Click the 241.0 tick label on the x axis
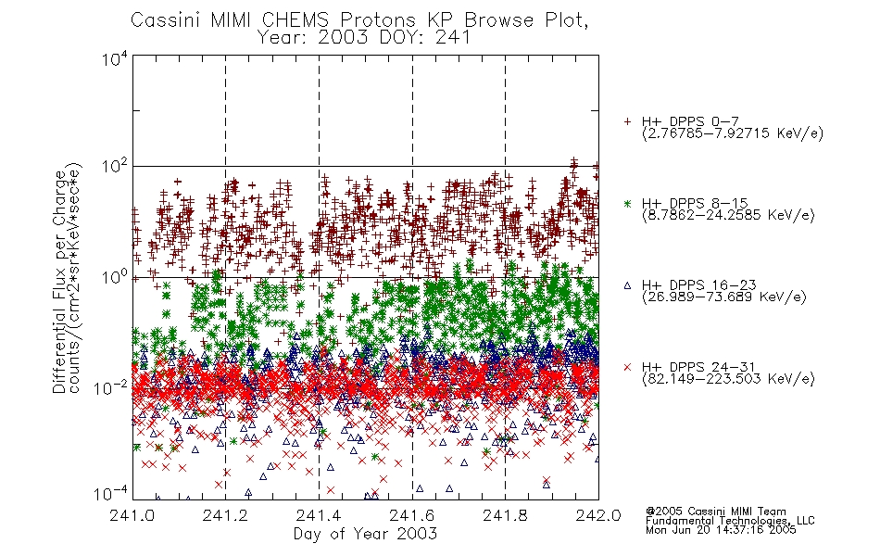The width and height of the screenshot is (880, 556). click(132, 515)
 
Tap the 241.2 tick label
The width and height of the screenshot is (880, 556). click(226, 515)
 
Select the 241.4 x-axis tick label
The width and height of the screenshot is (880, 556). click(319, 515)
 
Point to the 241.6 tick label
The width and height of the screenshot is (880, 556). click(412, 515)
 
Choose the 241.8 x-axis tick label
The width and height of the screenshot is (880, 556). click(505, 515)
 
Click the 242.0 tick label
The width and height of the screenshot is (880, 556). click(598, 515)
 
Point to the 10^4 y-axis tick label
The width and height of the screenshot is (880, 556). click(115, 58)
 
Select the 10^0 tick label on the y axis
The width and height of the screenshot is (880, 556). click(115, 278)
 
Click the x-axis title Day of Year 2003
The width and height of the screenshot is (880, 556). click(365, 534)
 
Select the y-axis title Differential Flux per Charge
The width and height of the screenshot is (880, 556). click(59, 282)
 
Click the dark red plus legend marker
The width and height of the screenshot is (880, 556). click(627, 121)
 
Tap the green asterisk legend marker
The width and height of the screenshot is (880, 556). click(627, 203)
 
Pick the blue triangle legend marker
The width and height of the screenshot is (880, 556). click(627, 285)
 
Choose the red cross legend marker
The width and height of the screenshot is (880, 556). click(627, 367)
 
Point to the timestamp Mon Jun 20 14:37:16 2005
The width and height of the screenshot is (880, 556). click(721, 530)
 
